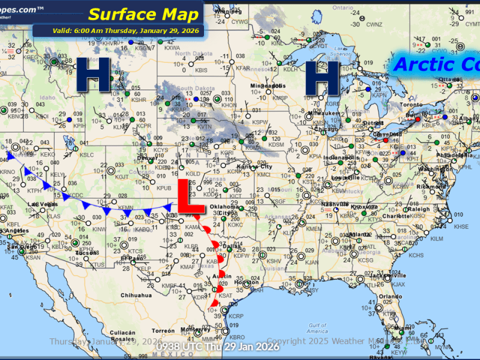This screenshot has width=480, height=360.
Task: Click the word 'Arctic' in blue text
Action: (x=423, y=65)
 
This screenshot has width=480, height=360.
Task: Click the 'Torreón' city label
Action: (x=163, y=331)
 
